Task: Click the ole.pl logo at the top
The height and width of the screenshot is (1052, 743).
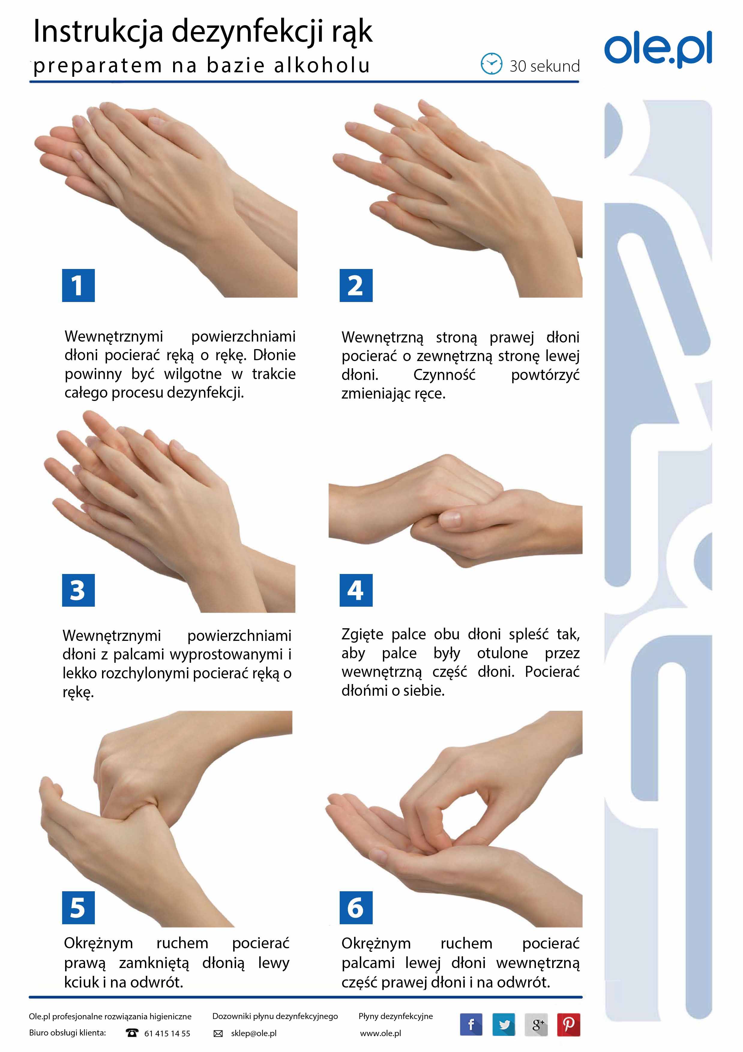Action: coord(658,49)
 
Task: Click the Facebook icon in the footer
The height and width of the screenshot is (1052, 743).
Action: coord(471,1024)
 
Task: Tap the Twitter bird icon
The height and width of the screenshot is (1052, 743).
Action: coord(504,1024)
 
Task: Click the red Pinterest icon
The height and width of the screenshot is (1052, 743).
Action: coord(569,1024)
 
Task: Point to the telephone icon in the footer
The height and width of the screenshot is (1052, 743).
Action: coord(132,1033)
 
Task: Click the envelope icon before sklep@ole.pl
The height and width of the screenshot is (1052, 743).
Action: coord(219,1033)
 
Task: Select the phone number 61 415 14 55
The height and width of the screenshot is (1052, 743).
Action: coord(167,1033)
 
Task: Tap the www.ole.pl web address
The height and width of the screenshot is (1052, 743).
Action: coord(381,1033)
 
